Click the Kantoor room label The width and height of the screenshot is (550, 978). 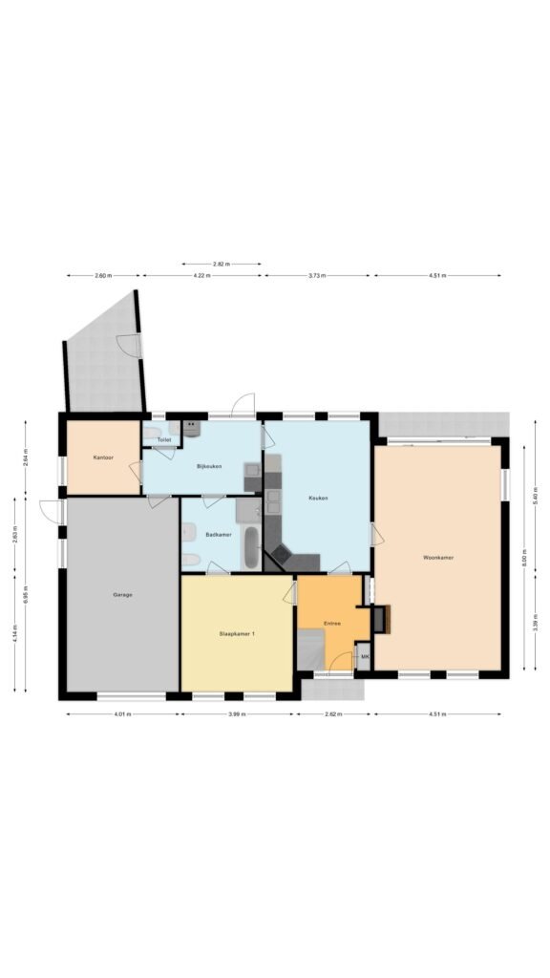pyautogui.click(x=103, y=458)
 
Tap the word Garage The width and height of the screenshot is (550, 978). pyautogui.click(x=122, y=594)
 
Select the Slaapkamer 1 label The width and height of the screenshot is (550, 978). pyautogui.click(x=237, y=633)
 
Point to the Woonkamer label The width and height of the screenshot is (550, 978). pyautogui.click(x=438, y=557)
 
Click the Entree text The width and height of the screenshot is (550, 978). pyautogui.click(x=332, y=623)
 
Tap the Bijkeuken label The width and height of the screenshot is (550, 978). pyautogui.click(x=209, y=466)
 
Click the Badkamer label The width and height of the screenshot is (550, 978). pyautogui.click(x=219, y=534)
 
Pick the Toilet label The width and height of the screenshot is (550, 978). pyautogui.click(x=164, y=440)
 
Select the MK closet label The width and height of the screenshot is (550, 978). pyautogui.click(x=364, y=658)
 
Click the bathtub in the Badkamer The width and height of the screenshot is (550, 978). pyautogui.click(x=250, y=547)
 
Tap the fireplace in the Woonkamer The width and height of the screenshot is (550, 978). pyautogui.click(x=381, y=619)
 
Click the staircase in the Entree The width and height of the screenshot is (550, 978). pyautogui.click(x=311, y=654)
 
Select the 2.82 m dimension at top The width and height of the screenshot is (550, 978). pyautogui.click(x=222, y=264)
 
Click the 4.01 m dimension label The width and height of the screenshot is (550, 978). pyautogui.click(x=122, y=713)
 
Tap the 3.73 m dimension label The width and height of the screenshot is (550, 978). pyautogui.click(x=318, y=276)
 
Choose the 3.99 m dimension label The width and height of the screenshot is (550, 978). pyautogui.click(x=237, y=713)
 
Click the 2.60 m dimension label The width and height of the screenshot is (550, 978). pyautogui.click(x=103, y=276)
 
